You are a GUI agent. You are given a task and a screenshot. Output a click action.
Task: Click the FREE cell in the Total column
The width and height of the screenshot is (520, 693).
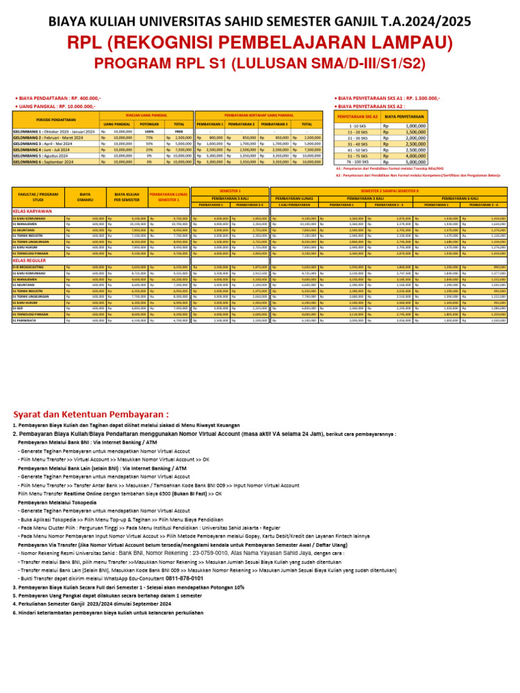click(x=179, y=131)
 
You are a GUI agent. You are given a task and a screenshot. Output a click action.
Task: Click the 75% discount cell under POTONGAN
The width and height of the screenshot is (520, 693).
click(x=148, y=137)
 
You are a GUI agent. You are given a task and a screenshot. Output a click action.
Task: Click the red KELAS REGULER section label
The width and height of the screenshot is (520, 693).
click(x=28, y=260)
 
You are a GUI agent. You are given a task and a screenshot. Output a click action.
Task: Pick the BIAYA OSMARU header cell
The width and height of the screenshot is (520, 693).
click(x=85, y=197)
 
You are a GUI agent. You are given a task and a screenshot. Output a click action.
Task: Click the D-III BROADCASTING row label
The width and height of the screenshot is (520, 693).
click(x=28, y=267)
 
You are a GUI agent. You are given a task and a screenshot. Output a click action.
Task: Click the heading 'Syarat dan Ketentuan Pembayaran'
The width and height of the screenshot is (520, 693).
click(x=91, y=414)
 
